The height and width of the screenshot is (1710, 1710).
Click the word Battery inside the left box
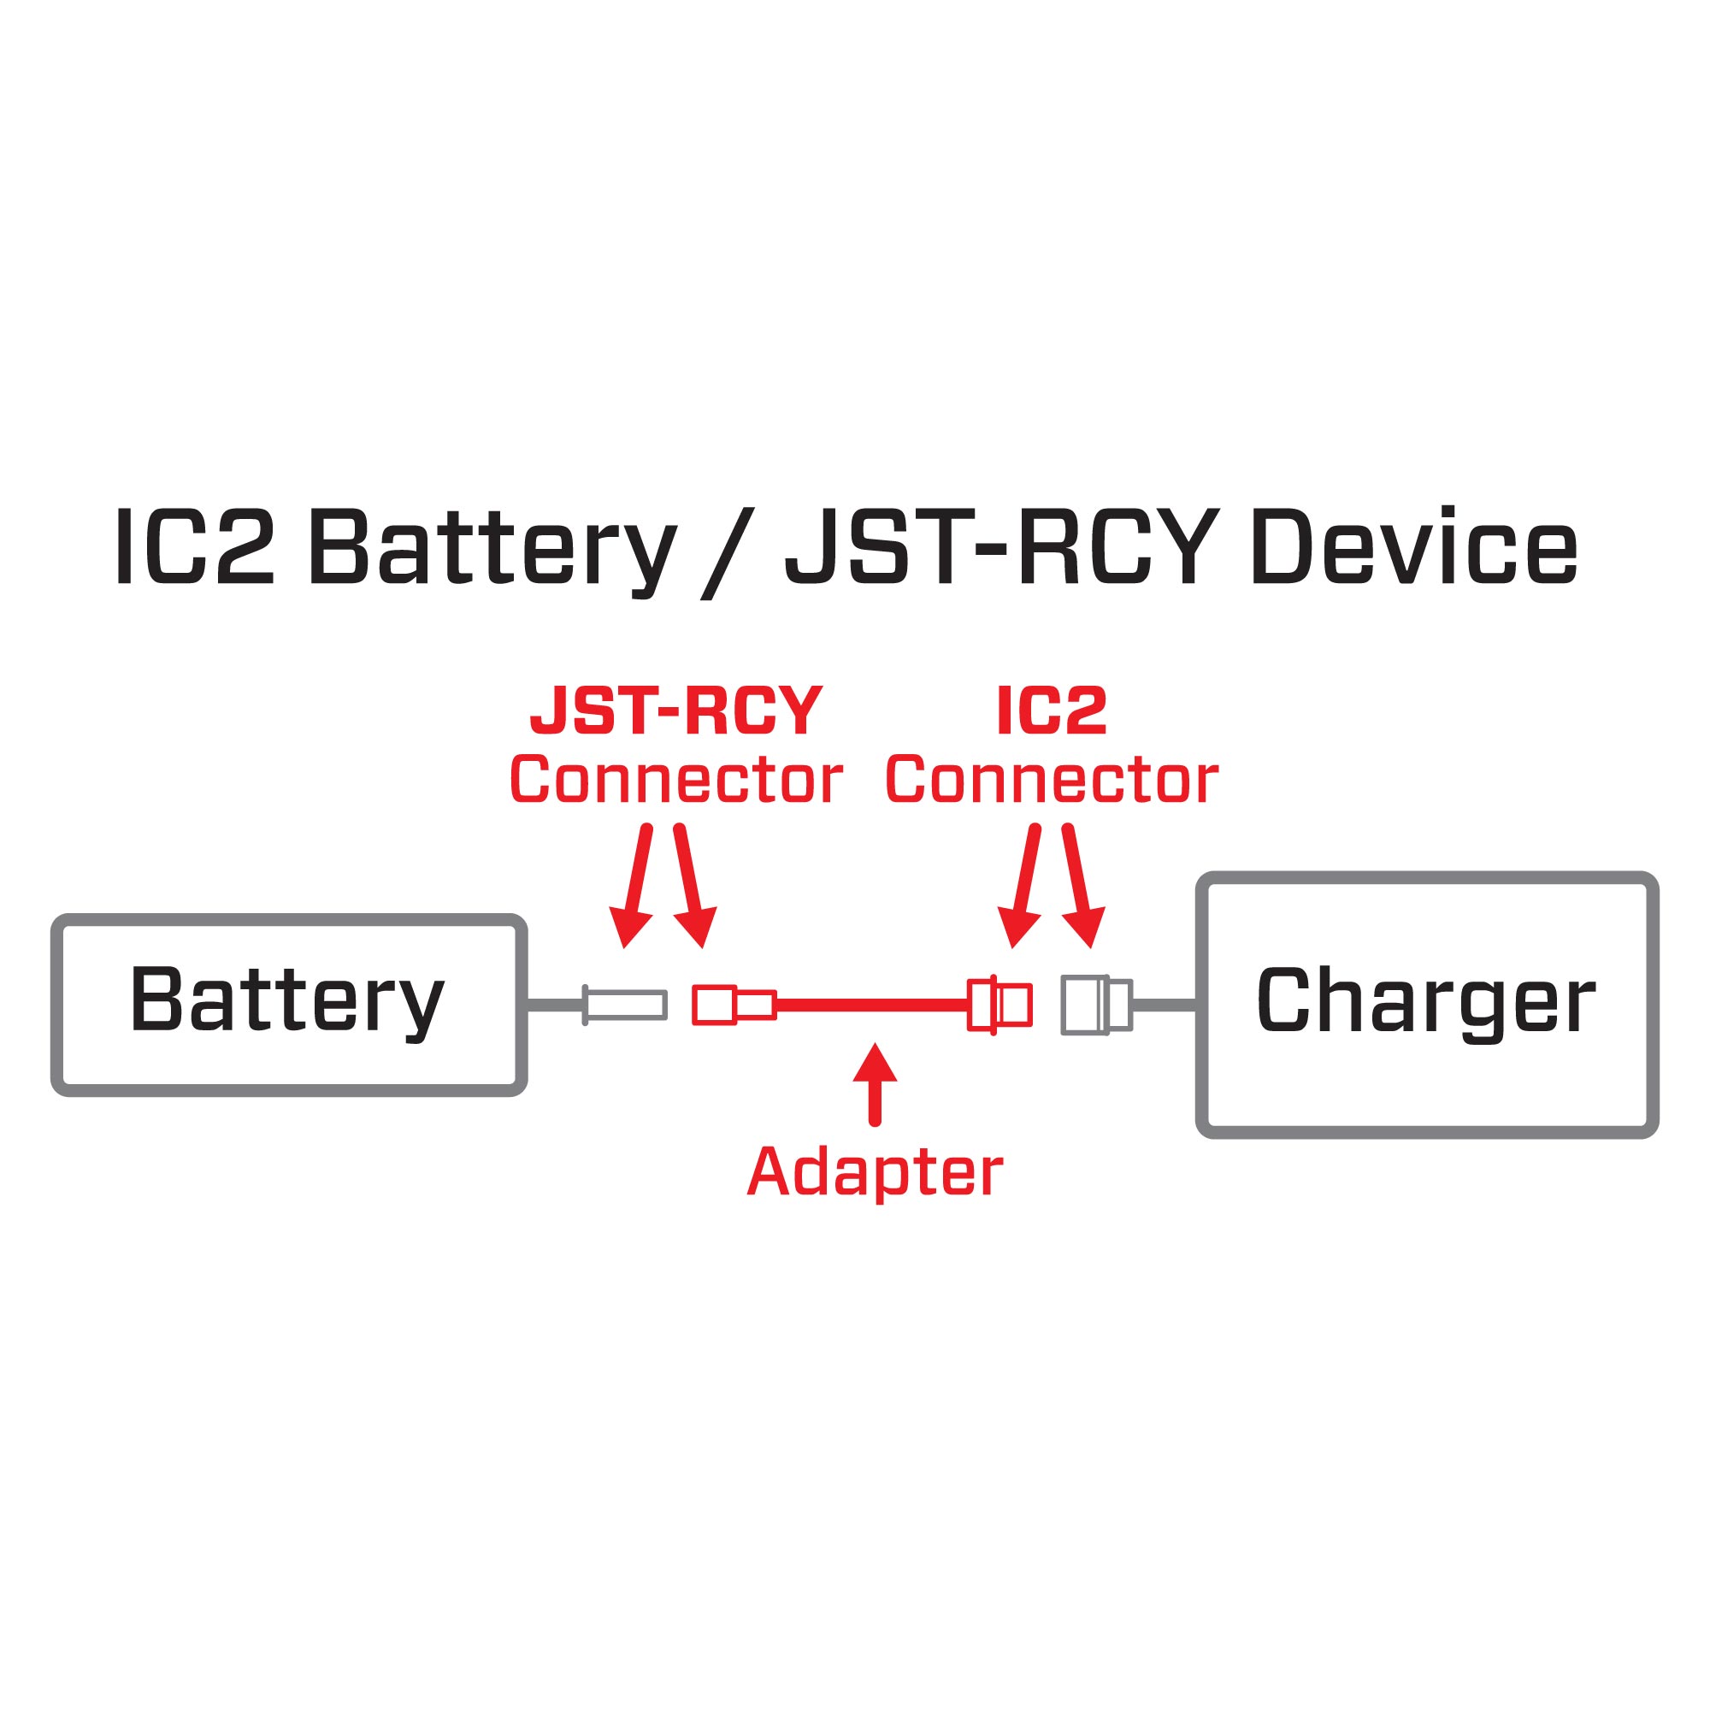(286, 1001)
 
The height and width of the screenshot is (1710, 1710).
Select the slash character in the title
(728, 553)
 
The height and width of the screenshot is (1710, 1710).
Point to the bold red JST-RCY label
(676, 711)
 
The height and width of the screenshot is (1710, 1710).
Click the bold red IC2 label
(1052, 711)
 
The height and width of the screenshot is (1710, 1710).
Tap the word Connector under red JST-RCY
(676, 781)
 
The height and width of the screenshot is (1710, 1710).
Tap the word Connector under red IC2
(1052, 781)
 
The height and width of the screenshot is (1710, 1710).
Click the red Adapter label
(875, 1173)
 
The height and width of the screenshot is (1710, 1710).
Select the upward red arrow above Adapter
(875, 1084)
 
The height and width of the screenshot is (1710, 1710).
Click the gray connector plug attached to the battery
(624, 1005)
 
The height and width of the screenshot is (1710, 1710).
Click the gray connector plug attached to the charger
(1096, 1005)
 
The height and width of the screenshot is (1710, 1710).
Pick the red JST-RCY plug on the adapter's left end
(733, 1005)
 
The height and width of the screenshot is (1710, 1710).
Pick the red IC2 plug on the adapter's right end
(999, 1005)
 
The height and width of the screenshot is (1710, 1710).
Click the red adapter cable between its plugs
(872, 1005)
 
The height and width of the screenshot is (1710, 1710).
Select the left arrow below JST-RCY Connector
(636, 885)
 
